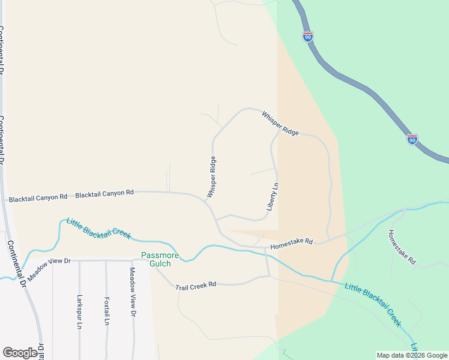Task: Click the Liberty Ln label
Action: point(273,196)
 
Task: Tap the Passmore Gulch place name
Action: point(160,259)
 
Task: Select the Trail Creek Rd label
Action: point(196,286)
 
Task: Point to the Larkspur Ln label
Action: point(79,311)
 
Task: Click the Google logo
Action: point(20,353)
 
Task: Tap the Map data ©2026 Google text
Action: point(411,355)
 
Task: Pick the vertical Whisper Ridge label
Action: point(211,177)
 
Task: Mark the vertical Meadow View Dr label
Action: point(133,292)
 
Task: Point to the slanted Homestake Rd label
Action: point(402,247)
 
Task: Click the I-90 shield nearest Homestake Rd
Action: point(412,139)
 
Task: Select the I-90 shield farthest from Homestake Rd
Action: point(308,37)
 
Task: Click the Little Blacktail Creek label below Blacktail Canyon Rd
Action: point(98,228)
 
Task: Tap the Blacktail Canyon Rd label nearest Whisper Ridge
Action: point(104,193)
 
